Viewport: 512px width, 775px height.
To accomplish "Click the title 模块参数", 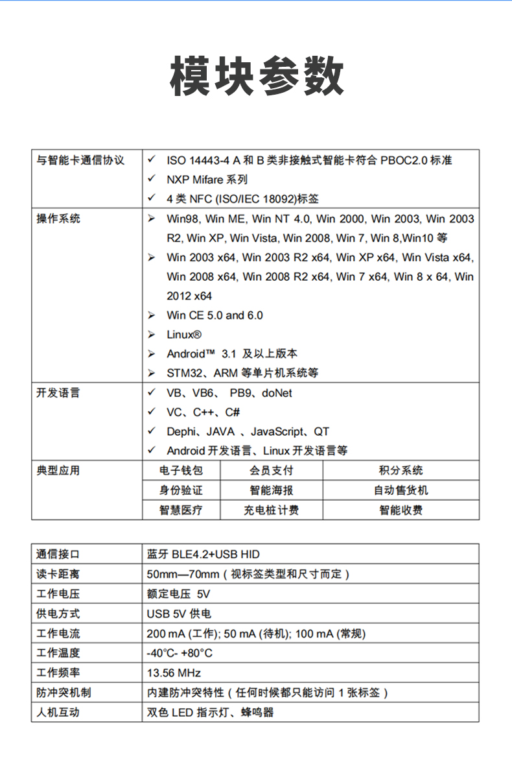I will [257, 77].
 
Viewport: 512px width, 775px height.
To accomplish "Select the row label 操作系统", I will [58, 219].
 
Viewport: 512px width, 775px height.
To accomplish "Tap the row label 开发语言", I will [58, 393].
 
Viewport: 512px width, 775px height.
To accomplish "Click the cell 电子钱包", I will [181, 471].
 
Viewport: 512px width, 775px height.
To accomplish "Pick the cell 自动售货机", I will [401, 490].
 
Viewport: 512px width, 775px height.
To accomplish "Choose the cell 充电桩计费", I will [271, 510].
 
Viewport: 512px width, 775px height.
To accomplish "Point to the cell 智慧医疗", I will [181, 510].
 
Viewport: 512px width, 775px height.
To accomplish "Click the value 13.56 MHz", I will [174, 673].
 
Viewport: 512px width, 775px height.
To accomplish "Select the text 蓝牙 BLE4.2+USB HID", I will [204, 554].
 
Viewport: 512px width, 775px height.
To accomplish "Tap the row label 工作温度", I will [58, 653].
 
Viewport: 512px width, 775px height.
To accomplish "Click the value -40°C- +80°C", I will [180, 653].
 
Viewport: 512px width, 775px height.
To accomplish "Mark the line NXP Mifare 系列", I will [207, 180].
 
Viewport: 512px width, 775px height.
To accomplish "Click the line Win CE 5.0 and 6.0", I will [215, 315].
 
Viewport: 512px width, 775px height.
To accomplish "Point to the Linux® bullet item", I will [184, 335].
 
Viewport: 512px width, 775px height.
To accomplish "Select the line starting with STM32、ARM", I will [242, 373].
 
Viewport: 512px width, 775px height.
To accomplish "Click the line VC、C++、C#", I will [204, 412].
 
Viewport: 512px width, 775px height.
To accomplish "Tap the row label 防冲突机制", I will [64, 693].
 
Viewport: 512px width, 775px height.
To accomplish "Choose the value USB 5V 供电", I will [179, 614].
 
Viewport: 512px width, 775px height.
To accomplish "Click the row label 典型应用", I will [58, 471].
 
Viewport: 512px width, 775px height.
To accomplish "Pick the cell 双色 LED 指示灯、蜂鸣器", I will [211, 712].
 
